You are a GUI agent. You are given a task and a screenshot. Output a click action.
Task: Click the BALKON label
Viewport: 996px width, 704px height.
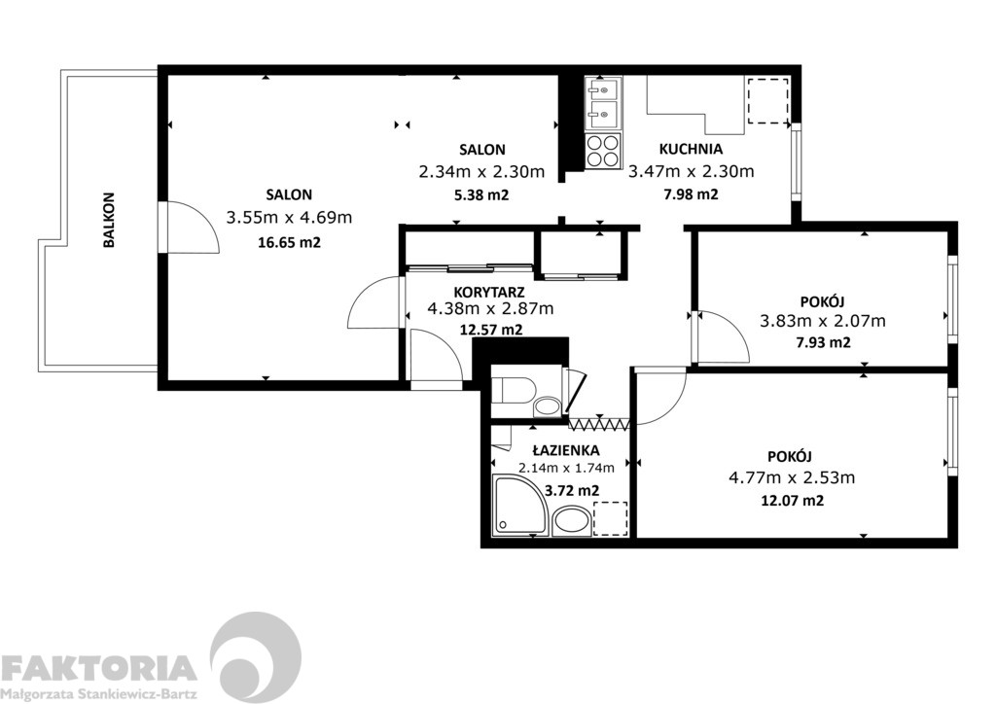click(x=109, y=220)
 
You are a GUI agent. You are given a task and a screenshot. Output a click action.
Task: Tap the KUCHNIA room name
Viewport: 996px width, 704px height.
click(x=691, y=149)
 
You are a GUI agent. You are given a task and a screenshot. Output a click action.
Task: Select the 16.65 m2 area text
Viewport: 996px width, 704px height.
click(x=289, y=242)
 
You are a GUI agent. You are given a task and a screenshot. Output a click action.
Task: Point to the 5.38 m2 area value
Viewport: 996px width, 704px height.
click(x=481, y=194)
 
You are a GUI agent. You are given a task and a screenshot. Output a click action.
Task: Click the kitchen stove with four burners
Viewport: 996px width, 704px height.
click(x=602, y=152)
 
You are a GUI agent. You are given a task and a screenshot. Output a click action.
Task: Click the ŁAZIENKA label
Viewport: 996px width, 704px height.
click(x=565, y=451)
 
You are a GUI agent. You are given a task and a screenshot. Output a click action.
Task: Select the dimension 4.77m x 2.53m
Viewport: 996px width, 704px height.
click(x=792, y=477)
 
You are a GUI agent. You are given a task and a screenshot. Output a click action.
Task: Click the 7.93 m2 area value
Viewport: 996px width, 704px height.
click(x=823, y=343)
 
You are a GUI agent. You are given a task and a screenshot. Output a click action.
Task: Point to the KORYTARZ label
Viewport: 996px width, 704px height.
click(x=489, y=292)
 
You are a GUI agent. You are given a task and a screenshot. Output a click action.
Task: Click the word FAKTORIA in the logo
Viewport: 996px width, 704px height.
click(x=98, y=668)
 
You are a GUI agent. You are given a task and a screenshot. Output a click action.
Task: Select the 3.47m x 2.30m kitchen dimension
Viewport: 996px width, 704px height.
click(x=691, y=171)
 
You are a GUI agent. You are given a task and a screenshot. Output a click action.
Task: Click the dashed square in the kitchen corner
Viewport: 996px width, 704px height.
click(x=768, y=101)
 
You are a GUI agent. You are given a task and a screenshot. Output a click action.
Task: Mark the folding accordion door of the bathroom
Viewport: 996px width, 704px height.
click(x=599, y=423)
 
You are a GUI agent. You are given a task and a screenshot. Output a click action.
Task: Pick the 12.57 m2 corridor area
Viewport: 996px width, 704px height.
click(x=490, y=330)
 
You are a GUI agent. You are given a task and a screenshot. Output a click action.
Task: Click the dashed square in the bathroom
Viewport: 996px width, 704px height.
click(x=611, y=519)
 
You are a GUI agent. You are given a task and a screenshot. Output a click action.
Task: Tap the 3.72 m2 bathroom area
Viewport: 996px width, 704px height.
click(x=572, y=491)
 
